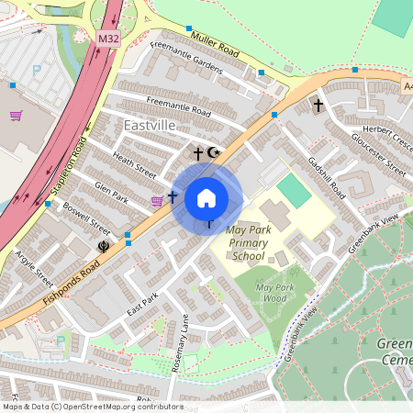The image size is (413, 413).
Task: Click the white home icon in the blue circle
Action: [x=206, y=197]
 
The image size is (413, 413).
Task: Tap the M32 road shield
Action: [x=107, y=39]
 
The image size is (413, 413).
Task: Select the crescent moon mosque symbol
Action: [x=215, y=152]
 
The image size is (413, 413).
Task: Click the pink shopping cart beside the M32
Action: [x=16, y=116]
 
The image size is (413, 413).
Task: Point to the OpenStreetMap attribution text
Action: [x=92, y=407]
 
